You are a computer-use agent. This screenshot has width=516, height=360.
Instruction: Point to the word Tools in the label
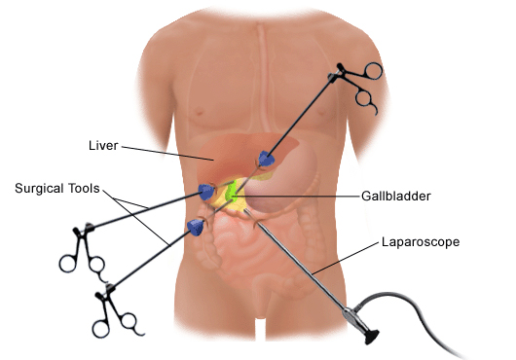click(x=81, y=189)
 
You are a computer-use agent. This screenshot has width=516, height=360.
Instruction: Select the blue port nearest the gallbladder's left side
click(x=206, y=192)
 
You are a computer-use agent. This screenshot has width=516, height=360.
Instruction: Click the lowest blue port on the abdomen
click(x=196, y=227)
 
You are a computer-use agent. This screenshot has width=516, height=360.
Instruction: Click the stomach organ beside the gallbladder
click(x=292, y=175)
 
